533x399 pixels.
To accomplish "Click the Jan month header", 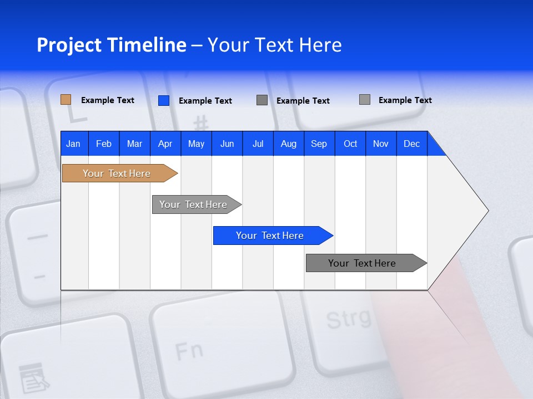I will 73,144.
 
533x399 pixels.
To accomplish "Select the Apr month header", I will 165,144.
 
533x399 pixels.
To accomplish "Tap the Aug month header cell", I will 288,144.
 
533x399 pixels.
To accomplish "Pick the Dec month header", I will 411,144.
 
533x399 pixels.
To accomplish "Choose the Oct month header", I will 350,144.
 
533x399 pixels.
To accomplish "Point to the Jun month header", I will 227,144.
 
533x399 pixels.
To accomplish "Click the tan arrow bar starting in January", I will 117,173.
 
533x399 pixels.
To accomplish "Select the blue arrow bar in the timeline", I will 270,236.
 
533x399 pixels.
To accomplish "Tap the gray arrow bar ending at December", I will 362,263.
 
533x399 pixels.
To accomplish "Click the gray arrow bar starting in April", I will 193,204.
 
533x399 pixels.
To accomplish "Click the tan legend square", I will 66,100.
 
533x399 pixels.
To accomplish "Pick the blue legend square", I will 163,100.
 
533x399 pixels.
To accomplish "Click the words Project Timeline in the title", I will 111,45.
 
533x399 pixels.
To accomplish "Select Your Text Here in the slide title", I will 274,45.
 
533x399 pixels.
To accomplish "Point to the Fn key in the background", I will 189,351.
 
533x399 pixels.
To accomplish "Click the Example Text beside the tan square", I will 108,100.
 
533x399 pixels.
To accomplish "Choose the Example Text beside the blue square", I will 205,101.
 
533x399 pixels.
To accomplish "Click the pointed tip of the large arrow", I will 487,211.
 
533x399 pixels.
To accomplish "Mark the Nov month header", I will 381,144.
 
